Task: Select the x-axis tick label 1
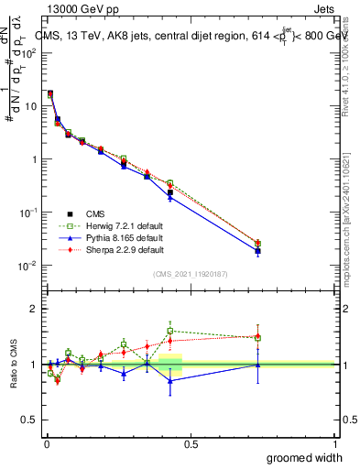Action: [x=334, y=444]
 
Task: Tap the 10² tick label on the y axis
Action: [x=28, y=53]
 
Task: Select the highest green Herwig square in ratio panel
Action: [x=170, y=331]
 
